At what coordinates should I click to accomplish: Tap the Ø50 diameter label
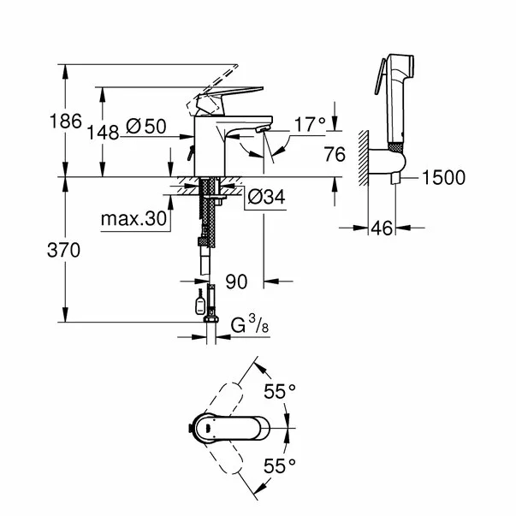tap(145, 127)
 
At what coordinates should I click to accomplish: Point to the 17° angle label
tap(310, 125)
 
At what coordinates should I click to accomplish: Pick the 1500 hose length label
tap(442, 178)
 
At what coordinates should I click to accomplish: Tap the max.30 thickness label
tap(133, 219)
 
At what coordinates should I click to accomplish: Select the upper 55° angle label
tap(279, 391)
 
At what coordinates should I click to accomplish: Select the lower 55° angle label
tap(279, 466)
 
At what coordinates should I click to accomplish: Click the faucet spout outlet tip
tap(262, 131)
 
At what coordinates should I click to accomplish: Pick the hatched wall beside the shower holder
tap(363, 158)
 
